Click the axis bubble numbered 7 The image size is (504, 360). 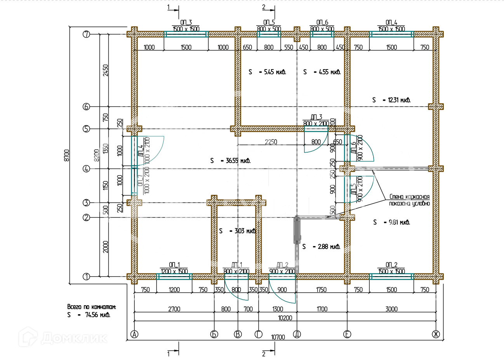(x=86, y=34)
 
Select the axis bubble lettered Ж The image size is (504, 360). (x=436, y=334)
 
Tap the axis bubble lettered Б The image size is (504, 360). (x=214, y=334)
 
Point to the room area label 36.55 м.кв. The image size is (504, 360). (x=230, y=160)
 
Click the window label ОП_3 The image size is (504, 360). (x=186, y=23)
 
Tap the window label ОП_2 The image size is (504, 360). (x=391, y=265)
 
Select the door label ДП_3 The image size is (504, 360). (x=316, y=117)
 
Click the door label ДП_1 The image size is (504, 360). (x=236, y=265)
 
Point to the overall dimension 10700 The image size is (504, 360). (x=278, y=337)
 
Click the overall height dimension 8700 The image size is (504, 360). (x=66, y=156)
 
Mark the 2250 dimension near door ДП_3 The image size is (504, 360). (x=271, y=142)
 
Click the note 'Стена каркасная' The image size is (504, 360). (x=410, y=197)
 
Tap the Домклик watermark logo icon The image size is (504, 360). (x=28, y=336)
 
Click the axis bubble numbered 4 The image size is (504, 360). (x=86, y=169)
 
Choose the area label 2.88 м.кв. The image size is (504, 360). (x=321, y=247)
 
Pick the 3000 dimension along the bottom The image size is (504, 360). (x=391, y=309)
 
